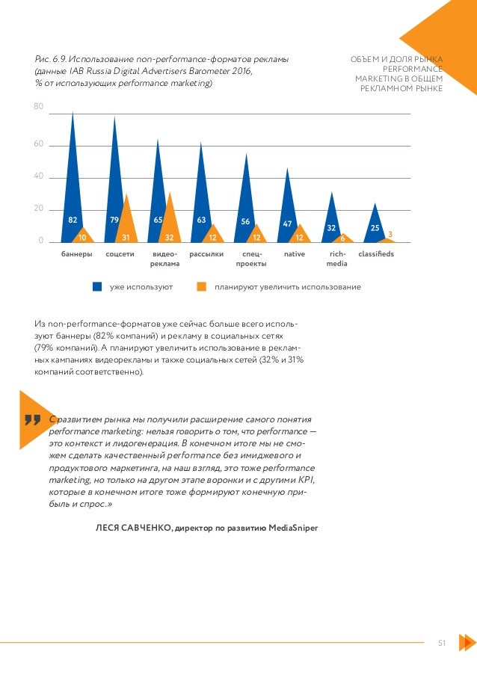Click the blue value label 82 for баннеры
click(x=73, y=221)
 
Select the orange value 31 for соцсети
click(x=126, y=238)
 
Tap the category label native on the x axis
click(x=295, y=254)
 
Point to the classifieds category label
click(x=375, y=254)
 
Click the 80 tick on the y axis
click(x=38, y=107)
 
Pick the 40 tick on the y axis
click(x=38, y=177)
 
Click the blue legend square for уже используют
click(x=96, y=287)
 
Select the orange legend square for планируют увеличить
click(x=201, y=287)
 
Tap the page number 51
click(x=442, y=642)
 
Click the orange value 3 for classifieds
click(x=390, y=235)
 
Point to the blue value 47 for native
click(x=287, y=224)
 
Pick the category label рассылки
click(x=207, y=254)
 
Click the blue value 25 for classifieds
click(x=375, y=227)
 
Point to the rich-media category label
click(x=337, y=259)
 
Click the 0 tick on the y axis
click(x=41, y=241)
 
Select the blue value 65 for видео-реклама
click(x=159, y=221)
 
